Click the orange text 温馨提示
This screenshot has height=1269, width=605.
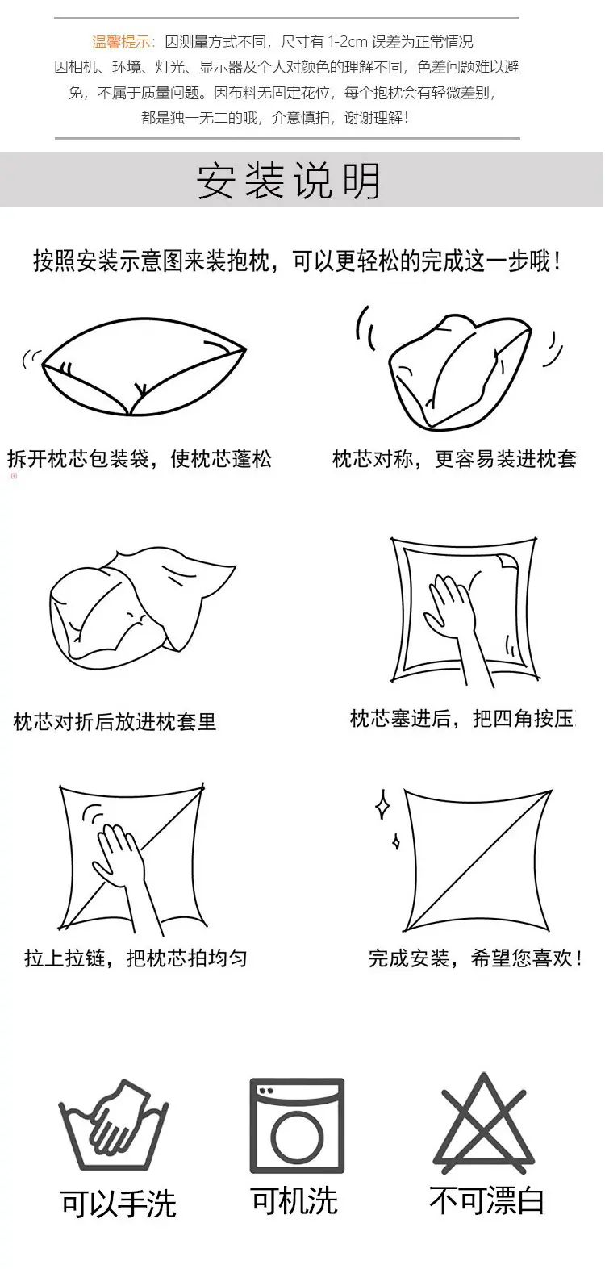[121, 41]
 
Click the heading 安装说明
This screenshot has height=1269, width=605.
[288, 181]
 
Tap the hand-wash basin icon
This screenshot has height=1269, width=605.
[113, 1125]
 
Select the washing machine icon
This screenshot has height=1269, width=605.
[297, 1125]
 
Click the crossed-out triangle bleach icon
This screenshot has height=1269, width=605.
[483, 1120]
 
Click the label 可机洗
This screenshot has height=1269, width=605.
[294, 1200]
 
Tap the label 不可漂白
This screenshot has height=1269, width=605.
[486, 1200]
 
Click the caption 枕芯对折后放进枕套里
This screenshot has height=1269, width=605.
[115, 721]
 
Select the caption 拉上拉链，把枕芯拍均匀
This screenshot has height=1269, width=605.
[136, 958]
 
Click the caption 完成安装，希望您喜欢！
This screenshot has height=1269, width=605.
[475, 958]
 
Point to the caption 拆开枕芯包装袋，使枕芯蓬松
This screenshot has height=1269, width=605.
[140, 459]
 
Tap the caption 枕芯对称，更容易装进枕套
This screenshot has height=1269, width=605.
[454, 459]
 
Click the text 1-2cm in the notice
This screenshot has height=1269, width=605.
[348, 42]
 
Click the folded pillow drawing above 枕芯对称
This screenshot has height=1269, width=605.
[460, 372]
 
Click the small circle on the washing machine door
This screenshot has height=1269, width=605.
[297, 1137]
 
